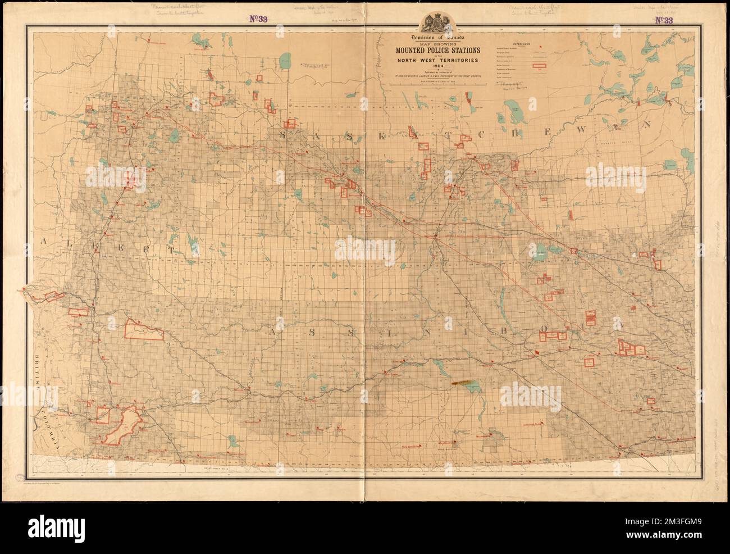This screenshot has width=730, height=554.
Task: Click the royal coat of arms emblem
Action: point(435,22)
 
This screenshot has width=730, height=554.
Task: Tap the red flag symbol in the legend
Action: point(540,49)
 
